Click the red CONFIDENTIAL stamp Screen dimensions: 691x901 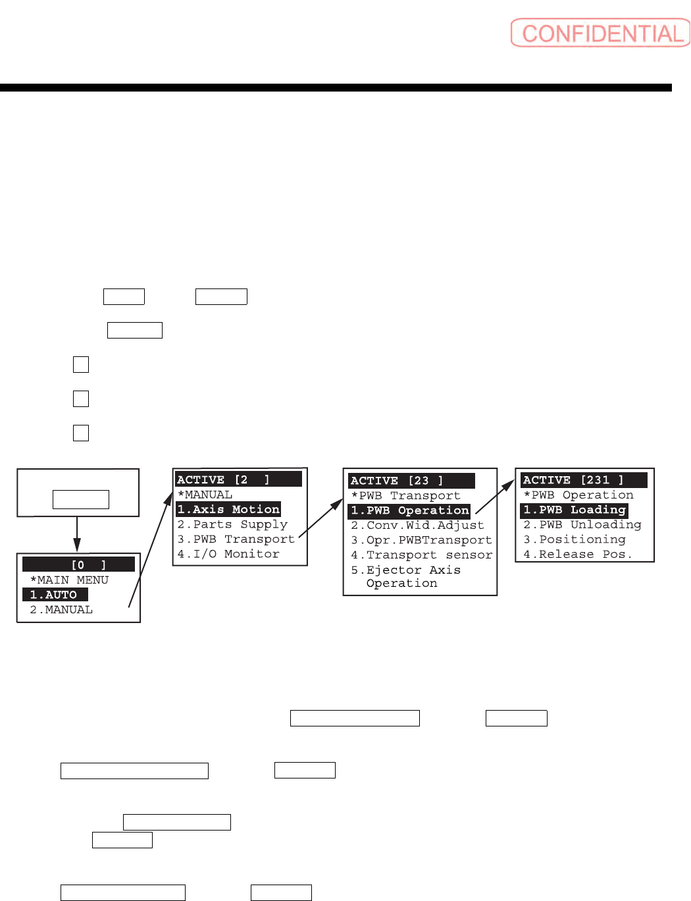[x=600, y=33]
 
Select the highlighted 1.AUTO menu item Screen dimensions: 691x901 [x=55, y=595]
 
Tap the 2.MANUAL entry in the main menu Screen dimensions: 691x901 [x=61, y=610]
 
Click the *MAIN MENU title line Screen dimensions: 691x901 [x=69, y=580]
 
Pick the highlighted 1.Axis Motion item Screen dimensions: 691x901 [x=228, y=510]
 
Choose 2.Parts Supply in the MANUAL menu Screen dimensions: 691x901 [x=232, y=525]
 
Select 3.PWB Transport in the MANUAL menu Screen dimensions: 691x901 [x=236, y=539]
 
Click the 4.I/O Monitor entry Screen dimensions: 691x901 [x=228, y=555]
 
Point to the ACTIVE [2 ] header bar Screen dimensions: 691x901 [x=238, y=479]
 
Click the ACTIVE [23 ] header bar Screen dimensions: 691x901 [x=411, y=481]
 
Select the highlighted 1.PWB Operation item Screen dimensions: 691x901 [x=409, y=511]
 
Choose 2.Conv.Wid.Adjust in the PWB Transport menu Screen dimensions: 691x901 [x=417, y=526]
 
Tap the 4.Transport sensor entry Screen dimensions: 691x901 [x=421, y=555]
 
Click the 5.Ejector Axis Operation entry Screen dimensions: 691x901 [x=405, y=576]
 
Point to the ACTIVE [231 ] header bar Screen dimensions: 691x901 [x=584, y=480]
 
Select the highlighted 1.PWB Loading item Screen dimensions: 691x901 [x=574, y=510]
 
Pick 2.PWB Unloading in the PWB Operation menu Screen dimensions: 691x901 [x=582, y=525]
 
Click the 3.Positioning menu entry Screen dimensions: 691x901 [x=575, y=539]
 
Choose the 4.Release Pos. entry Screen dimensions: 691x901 [x=578, y=555]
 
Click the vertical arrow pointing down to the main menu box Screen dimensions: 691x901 [x=77, y=534]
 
